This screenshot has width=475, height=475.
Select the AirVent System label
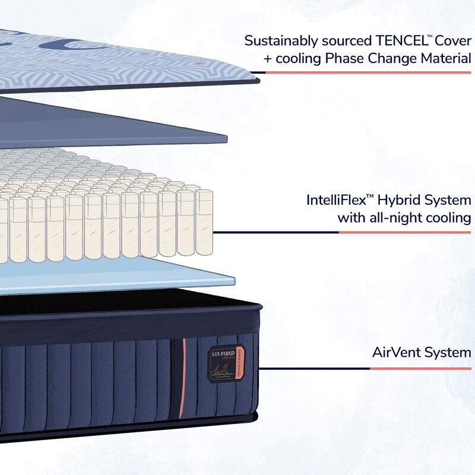[x=422, y=353]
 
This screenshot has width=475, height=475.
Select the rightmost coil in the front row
[x=204, y=223]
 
